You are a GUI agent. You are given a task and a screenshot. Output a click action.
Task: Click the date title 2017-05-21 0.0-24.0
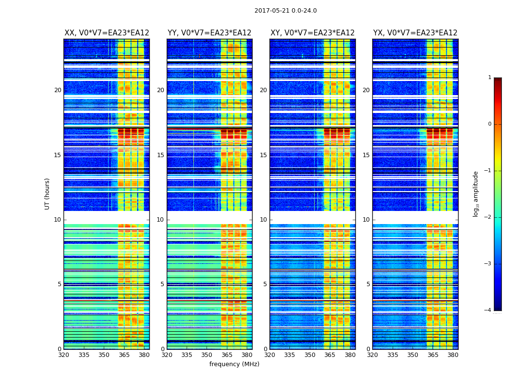point(286,11)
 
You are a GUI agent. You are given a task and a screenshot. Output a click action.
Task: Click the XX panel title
point(107,33)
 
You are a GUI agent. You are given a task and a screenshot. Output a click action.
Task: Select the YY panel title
point(209,33)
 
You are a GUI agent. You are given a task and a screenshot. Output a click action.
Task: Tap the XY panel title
point(312,33)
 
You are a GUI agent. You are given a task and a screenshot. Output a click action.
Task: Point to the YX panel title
point(415,33)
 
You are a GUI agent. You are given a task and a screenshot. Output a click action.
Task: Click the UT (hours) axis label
point(48,194)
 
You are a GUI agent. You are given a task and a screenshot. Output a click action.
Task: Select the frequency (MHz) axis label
point(234,364)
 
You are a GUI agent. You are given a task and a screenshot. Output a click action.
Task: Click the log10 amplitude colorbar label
point(476,194)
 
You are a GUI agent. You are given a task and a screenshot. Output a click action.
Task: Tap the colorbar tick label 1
point(489,78)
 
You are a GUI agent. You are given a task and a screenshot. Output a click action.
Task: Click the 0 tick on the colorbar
point(489,124)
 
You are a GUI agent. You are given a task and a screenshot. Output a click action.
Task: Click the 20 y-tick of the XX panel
point(58,90)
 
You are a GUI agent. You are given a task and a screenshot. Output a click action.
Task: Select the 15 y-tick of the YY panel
point(160,155)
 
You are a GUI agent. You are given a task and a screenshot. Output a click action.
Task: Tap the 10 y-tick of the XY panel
point(263,220)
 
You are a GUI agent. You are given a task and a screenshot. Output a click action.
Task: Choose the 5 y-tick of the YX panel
point(368,284)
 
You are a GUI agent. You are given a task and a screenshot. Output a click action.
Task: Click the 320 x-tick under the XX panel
point(64,355)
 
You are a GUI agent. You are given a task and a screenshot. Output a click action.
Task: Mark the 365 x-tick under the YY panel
point(227,355)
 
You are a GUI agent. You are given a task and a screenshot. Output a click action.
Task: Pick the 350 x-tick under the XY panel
point(310,355)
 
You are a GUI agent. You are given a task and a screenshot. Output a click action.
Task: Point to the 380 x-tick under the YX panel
point(453,355)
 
